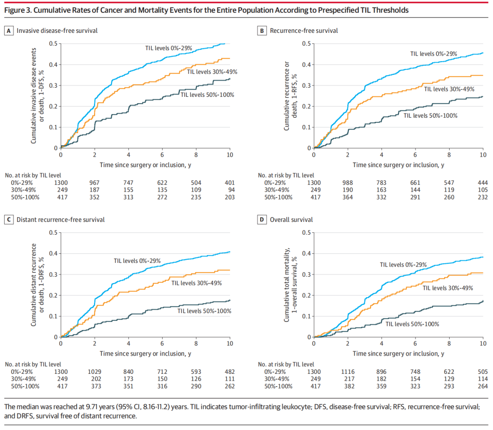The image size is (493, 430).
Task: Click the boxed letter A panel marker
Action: click(8, 31)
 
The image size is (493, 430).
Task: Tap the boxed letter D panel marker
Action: click(262, 220)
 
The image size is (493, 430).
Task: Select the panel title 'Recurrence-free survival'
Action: click(304, 31)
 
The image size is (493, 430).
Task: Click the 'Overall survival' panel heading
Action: click(291, 220)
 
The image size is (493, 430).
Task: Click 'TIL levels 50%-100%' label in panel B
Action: click(430, 115)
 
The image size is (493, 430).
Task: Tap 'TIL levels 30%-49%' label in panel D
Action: click(448, 288)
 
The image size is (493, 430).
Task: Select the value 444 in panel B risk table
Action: click(482, 183)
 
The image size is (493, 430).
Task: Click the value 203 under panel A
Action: click(229, 197)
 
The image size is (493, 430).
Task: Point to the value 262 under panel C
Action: click(229, 386)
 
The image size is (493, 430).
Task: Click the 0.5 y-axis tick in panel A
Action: click(53, 44)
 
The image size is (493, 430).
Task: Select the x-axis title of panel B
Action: click(398, 164)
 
